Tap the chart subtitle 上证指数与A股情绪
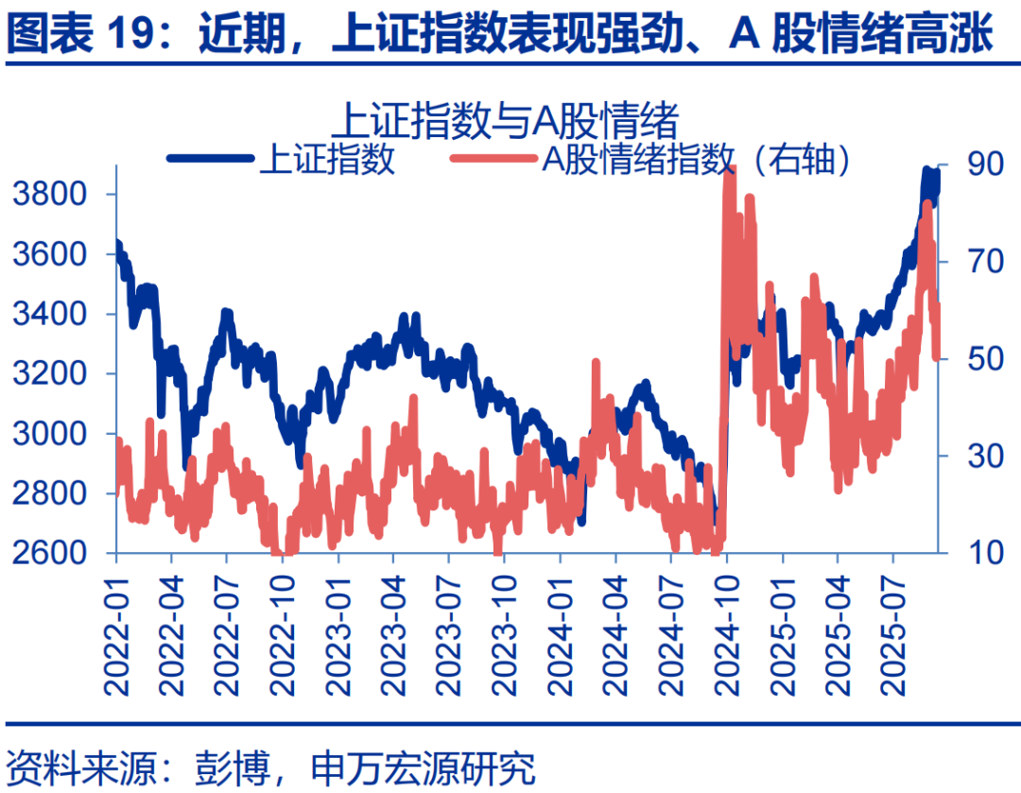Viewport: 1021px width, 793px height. pyautogui.click(x=507, y=121)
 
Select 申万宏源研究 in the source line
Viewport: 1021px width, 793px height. pyautogui.click(x=422, y=767)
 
